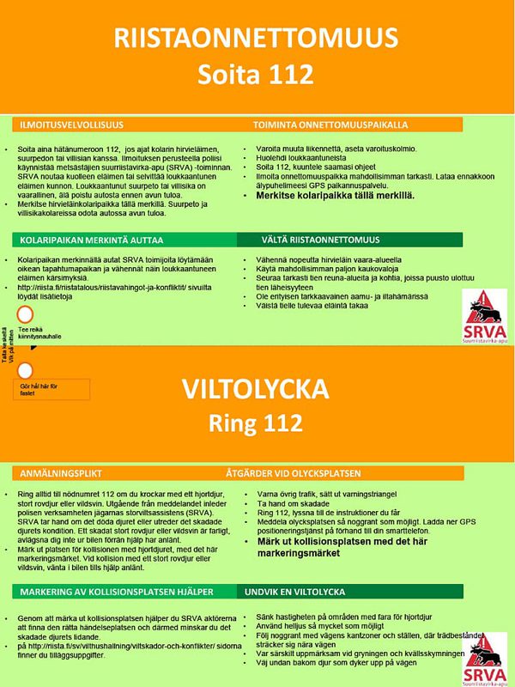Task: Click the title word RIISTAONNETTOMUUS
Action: [x=256, y=39]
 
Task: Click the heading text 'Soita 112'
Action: [x=256, y=75]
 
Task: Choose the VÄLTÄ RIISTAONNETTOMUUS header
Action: [x=308, y=239]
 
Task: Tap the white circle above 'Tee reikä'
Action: [x=26, y=314]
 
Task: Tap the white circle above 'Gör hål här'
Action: [x=26, y=371]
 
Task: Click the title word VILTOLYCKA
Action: [x=257, y=390]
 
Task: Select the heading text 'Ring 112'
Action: [x=257, y=423]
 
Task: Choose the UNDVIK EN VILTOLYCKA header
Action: [x=296, y=593]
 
